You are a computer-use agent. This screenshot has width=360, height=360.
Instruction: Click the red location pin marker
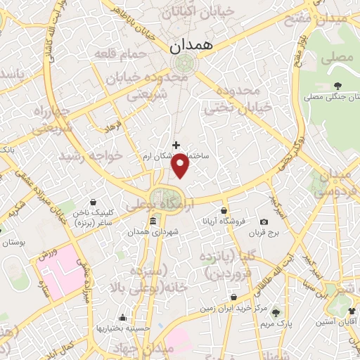[x=181, y=165]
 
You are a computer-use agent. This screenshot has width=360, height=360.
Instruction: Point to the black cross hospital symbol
[x=176, y=145]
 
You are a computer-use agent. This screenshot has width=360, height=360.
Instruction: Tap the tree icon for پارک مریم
[x=275, y=313]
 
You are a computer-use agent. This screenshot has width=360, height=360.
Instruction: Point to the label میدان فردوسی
[x=337, y=182]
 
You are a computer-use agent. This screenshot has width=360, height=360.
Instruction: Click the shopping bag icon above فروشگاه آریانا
[x=224, y=210]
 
